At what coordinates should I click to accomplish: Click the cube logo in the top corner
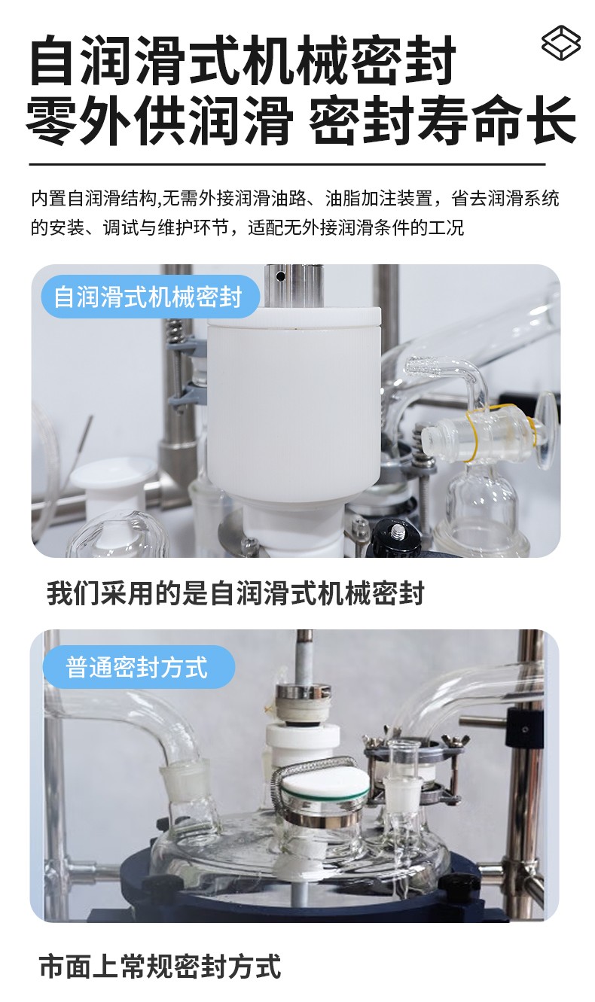coord(561,42)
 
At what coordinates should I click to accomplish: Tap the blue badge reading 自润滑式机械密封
coord(151,297)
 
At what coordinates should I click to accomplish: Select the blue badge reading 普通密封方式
coord(139,667)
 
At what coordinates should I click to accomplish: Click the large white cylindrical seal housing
coord(294,403)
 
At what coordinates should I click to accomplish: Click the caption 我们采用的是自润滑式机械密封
coord(235,593)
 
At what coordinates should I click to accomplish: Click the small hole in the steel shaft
coord(280,276)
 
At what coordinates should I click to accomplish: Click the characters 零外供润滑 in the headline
coord(159,120)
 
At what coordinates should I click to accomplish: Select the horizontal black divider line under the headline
coord(288,164)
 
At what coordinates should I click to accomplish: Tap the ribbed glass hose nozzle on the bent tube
coord(419,367)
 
